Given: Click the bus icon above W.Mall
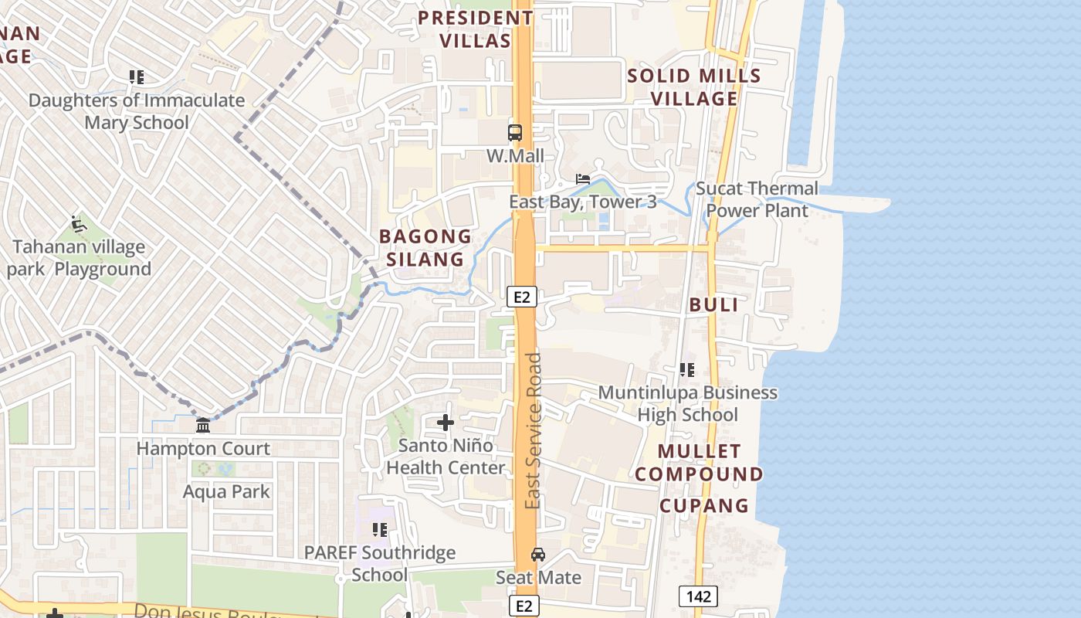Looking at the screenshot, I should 515,132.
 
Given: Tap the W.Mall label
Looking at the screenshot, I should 515,156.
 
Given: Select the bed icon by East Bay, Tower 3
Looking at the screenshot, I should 583,179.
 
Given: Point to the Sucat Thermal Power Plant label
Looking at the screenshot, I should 757,199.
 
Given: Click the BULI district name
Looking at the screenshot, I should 713,304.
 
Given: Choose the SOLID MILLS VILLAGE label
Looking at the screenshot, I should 694,87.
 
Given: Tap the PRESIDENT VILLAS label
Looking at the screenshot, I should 476,29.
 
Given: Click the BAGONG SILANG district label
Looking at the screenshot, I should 425,247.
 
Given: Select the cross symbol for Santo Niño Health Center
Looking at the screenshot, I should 446,423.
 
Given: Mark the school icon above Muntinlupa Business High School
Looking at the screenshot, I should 686,370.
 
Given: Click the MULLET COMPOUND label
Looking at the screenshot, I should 700,462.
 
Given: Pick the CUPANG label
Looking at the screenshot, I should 703,505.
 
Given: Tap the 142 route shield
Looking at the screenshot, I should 698,596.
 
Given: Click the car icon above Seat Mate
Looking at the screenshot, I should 538,555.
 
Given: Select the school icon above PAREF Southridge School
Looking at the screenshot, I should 379,530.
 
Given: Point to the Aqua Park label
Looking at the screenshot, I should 226,491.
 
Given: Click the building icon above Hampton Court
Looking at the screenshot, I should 203,426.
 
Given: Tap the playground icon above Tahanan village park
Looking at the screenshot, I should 78,224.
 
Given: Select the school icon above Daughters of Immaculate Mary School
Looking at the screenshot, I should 137,77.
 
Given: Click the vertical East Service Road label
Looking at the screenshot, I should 533,430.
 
